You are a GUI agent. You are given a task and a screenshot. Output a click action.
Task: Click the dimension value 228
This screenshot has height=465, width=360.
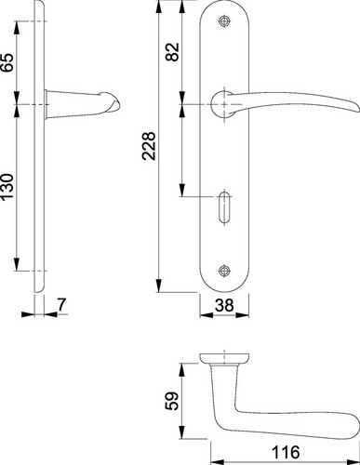149,146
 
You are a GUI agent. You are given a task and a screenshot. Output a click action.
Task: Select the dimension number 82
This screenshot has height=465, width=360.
173,52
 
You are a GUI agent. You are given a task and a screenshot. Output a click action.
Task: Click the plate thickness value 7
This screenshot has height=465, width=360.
61,304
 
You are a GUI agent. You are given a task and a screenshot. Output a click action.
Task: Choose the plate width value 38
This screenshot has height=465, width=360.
224,305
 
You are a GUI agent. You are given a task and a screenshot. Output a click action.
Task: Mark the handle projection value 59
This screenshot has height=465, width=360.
172,401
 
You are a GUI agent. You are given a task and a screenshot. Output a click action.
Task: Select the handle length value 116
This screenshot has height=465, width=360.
286,452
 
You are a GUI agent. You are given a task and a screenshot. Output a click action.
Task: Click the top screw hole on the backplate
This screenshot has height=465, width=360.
224,21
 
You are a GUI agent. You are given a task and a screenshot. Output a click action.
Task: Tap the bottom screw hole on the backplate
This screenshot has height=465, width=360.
224,271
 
